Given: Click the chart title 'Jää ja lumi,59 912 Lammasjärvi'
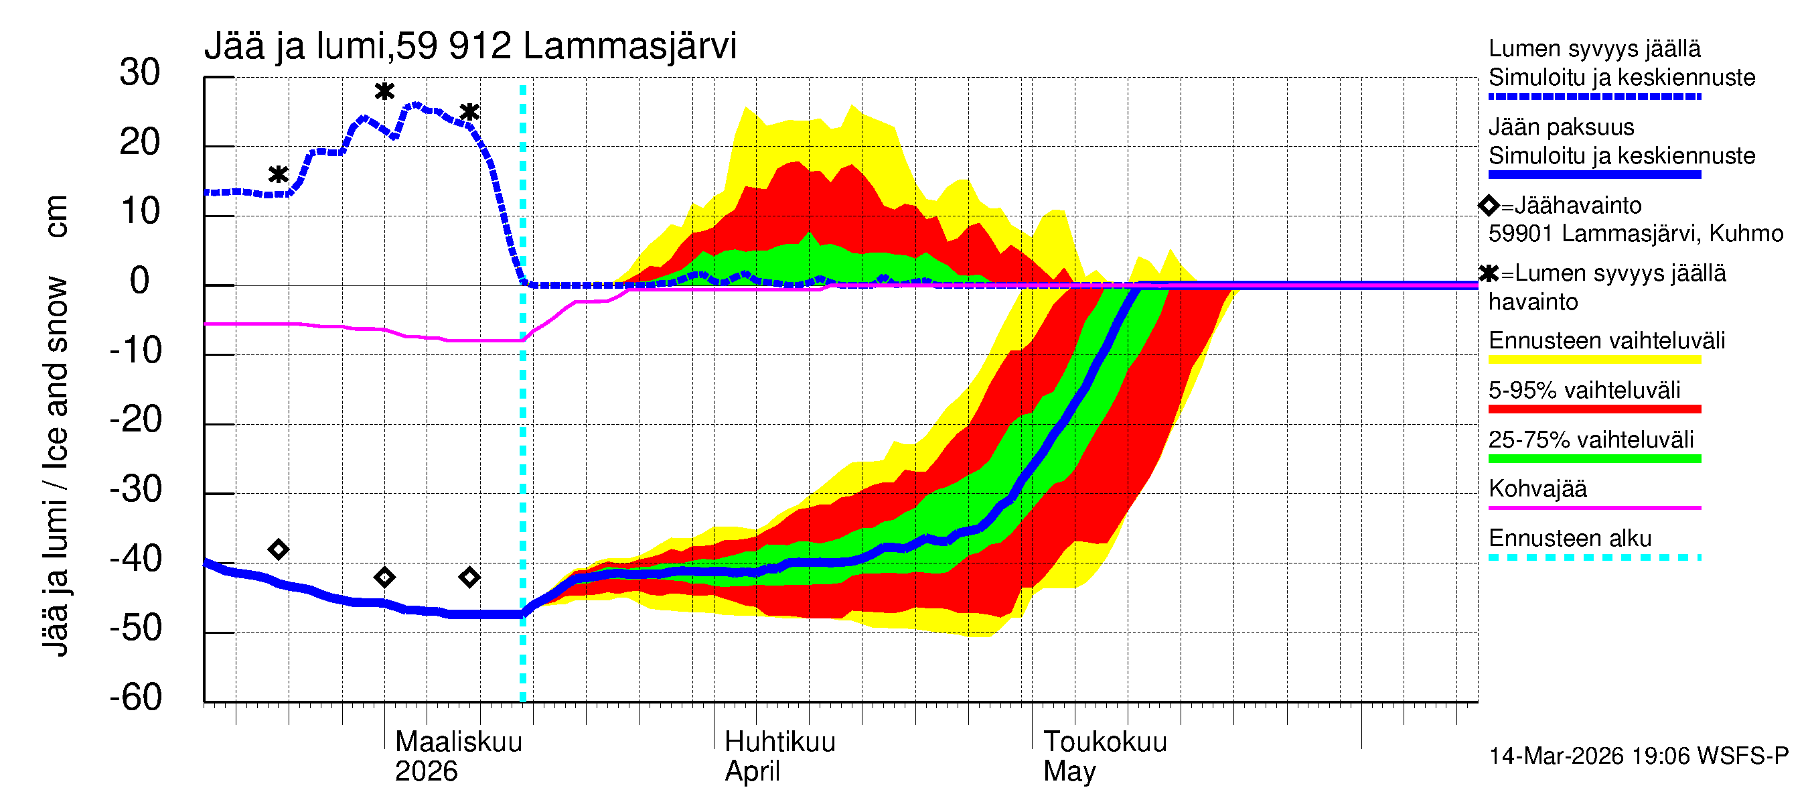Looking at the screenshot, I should tap(469, 46).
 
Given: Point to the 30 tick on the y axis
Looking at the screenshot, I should tap(140, 73).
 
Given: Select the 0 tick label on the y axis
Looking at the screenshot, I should tap(140, 281).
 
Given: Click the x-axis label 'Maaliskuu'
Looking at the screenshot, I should tap(458, 742).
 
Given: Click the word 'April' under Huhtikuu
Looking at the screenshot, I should tap(752, 772).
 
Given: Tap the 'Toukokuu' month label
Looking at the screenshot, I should tap(1105, 742).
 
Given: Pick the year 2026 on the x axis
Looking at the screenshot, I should tap(426, 772).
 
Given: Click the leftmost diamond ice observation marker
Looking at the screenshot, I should tap(279, 550).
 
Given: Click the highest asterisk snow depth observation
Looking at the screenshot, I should tap(384, 91).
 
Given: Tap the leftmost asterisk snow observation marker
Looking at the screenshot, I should tap(279, 175).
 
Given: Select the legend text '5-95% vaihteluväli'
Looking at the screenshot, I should tap(1584, 391).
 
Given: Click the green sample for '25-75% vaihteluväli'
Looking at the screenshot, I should tap(1594, 459).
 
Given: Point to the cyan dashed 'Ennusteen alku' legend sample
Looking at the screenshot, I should tap(1594, 558).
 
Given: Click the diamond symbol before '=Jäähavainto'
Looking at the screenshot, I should tap(1489, 206).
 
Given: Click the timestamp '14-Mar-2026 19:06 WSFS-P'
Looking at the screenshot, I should tap(1638, 756).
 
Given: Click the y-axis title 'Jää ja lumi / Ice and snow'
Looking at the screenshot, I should tap(55, 467).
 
